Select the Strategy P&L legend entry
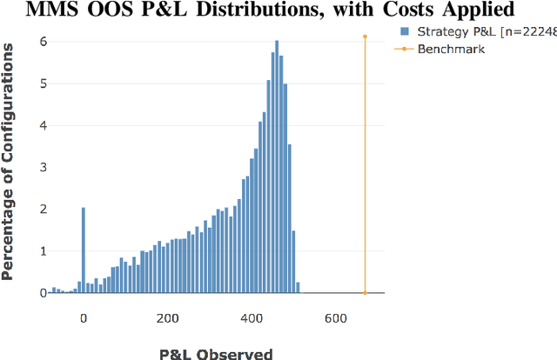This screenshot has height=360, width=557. [475, 31]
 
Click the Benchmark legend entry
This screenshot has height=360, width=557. [451, 49]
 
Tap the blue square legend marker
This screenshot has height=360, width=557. [404, 31]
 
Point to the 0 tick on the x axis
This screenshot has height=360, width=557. [84, 317]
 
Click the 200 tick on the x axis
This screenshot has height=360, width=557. [168, 317]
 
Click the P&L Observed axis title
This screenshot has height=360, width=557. [216, 353]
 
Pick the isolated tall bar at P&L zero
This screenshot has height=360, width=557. [84, 250]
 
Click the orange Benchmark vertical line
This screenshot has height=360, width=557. [366, 165]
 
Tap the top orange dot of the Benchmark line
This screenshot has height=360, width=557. [366, 37]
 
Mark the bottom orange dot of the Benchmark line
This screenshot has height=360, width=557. [366, 293]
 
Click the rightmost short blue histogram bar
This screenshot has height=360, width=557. [298, 288]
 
